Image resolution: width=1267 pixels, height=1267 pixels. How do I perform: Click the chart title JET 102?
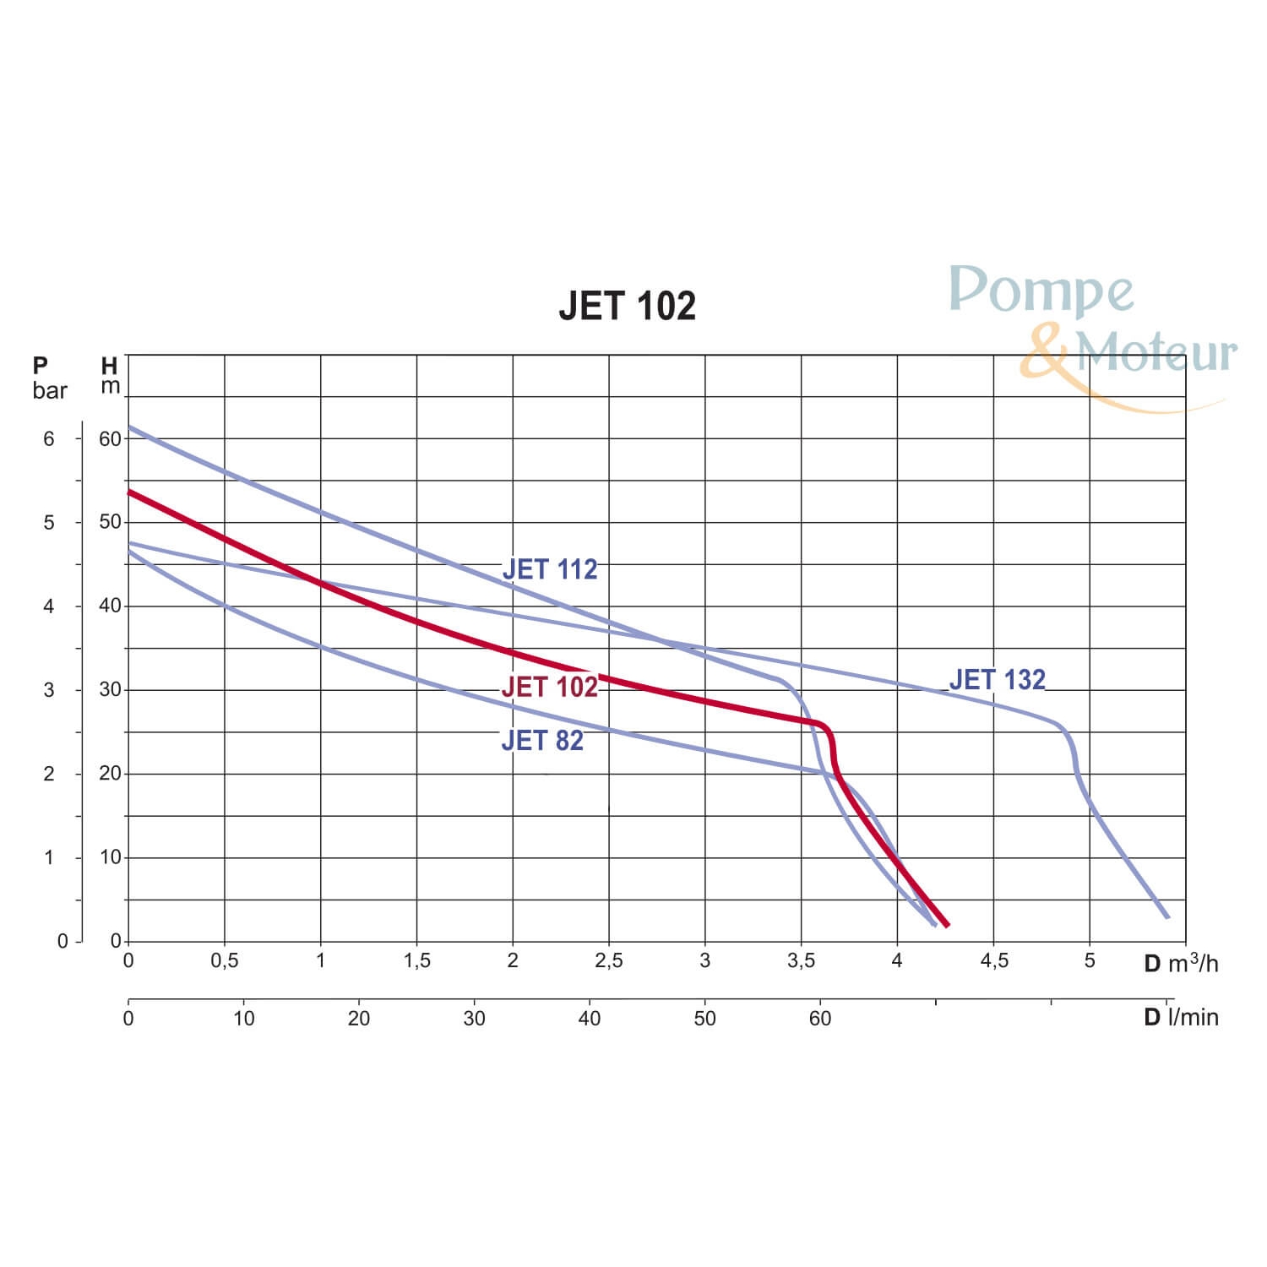pyautogui.click(x=627, y=306)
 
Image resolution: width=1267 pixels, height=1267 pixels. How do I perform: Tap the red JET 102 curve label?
pyautogui.click(x=549, y=687)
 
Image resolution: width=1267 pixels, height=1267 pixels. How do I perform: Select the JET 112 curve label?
pyautogui.click(x=550, y=569)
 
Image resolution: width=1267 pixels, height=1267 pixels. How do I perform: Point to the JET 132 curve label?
pyautogui.click(x=997, y=679)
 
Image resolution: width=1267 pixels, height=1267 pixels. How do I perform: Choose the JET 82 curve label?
pyautogui.click(x=542, y=740)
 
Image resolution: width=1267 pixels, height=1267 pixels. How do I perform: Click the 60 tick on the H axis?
pyautogui.click(x=110, y=438)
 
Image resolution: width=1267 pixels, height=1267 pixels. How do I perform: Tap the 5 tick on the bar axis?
pyautogui.click(x=49, y=523)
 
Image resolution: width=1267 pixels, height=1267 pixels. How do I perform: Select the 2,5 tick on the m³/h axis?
pyautogui.click(x=609, y=960)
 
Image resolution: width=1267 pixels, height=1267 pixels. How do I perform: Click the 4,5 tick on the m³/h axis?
pyautogui.click(x=994, y=960)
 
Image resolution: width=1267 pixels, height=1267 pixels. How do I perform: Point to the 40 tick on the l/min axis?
pyautogui.click(x=589, y=1018)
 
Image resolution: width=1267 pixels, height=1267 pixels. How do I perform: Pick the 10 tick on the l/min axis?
pyautogui.click(x=243, y=1018)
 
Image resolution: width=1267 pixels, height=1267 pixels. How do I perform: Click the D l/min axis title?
pyautogui.click(x=1180, y=1017)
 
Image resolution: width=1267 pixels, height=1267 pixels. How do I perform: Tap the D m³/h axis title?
pyautogui.click(x=1180, y=963)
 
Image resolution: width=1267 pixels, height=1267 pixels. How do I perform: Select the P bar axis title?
pyautogui.click(x=49, y=378)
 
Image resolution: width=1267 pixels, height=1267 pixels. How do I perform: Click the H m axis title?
pyautogui.click(x=110, y=376)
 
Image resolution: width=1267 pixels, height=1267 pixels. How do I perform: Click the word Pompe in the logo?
pyautogui.click(x=1041, y=291)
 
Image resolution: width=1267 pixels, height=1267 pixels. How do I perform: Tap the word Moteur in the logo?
pyautogui.click(x=1156, y=352)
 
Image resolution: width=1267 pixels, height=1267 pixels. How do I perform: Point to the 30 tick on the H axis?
pyautogui.click(x=110, y=689)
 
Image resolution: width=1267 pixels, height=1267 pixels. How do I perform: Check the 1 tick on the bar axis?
pyautogui.click(x=49, y=857)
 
